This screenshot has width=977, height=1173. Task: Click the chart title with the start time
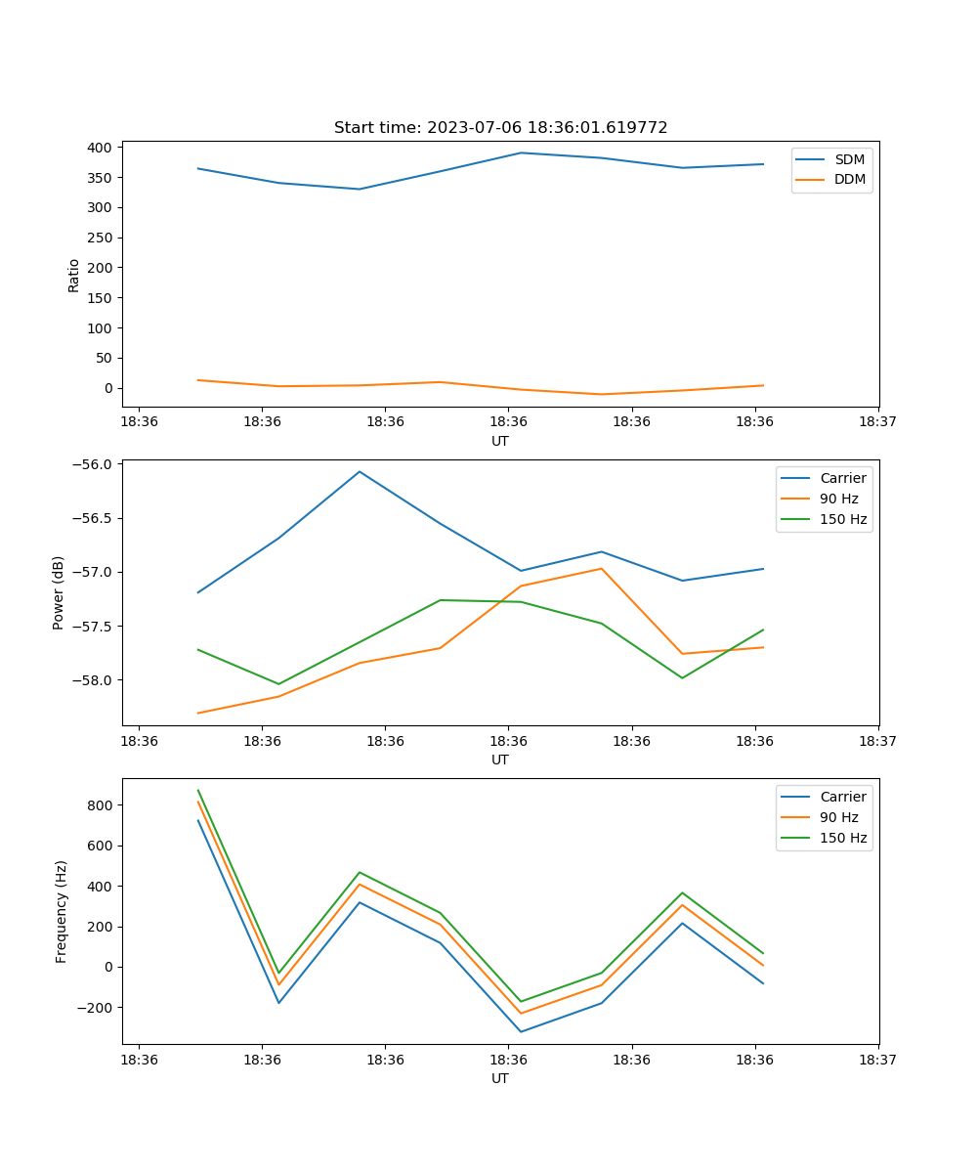pyautogui.click(x=500, y=128)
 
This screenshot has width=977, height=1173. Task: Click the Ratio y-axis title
pyautogui.click(x=74, y=275)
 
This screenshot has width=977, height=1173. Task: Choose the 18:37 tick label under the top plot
pyautogui.click(x=878, y=422)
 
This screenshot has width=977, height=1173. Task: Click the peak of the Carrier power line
pyautogui.click(x=360, y=472)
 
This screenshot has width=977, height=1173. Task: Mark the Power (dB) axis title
pyautogui.click(x=59, y=592)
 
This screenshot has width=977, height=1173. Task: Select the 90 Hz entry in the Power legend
pyautogui.click(x=838, y=499)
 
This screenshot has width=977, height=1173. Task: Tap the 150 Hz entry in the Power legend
pyautogui.click(x=842, y=519)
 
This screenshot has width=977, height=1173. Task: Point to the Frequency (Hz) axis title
pyautogui.click(x=62, y=911)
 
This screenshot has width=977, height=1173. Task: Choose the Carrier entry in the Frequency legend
pyautogui.click(x=842, y=797)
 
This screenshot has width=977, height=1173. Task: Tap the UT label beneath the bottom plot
pyautogui.click(x=500, y=1078)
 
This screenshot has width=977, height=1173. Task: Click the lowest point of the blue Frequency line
pyautogui.click(x=521, y=1031)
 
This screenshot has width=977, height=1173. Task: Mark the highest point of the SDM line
pyautogui.click(x=521, y=152)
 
